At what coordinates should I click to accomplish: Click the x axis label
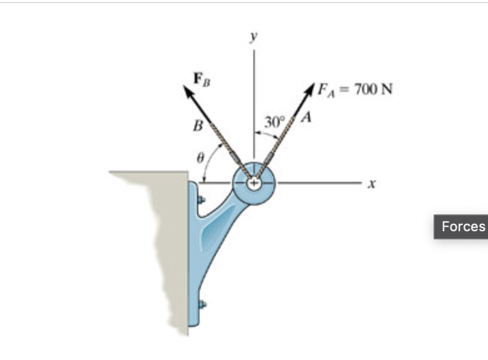coord(372,184)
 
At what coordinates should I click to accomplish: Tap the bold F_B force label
coord(201,79)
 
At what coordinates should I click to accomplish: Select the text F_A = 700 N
coord(354,89)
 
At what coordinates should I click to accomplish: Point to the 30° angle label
coord(274,121)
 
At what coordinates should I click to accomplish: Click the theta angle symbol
coord(200,159)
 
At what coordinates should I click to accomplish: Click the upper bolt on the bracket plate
coord(201,200)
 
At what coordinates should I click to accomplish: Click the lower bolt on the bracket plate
coord(201,305)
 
